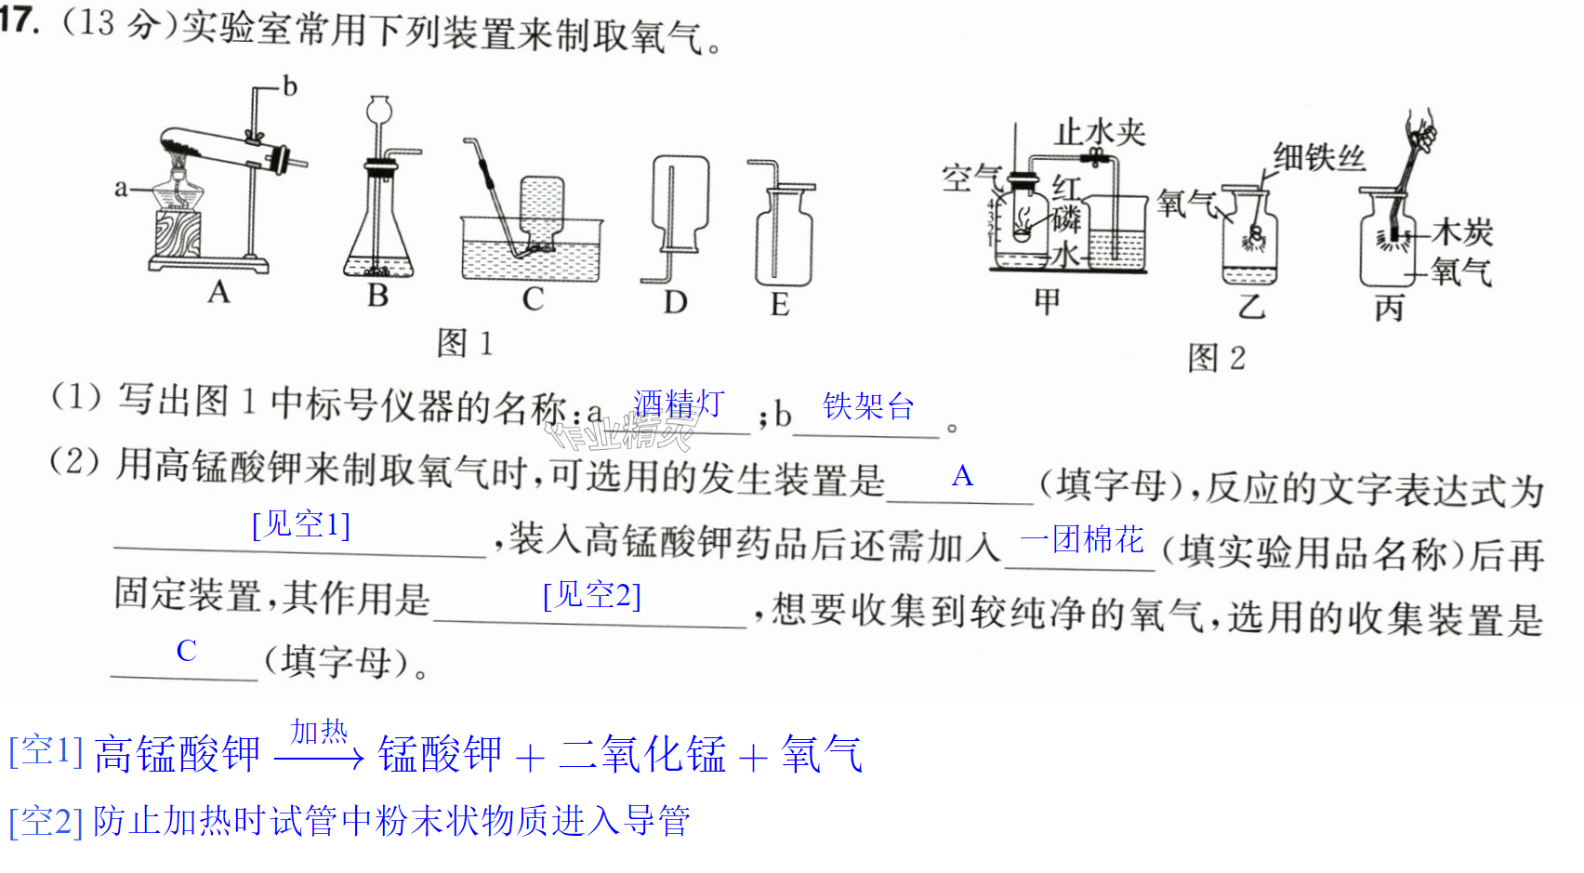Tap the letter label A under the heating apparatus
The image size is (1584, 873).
click(x=218, y=292)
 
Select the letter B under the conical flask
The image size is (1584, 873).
click(x=378, y=295)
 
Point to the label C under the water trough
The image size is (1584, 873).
click(x=533, y=299)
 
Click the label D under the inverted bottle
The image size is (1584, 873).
click(x=675, y=303)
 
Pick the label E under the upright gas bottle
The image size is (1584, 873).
click(x=779, y=305)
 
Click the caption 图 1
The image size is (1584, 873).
click(x=465, y=344)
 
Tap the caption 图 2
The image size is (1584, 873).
click(x=1216, y=358)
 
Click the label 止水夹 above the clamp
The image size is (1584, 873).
click(x=1100, y=133)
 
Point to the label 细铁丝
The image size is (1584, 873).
click(x=1319, y=157)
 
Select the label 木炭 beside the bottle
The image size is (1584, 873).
click(x=1461, y=232)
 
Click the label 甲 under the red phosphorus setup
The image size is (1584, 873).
click(x=1048, y=301)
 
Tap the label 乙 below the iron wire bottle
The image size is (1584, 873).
click(x=1250, y=306)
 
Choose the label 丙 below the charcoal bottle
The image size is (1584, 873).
click(x=1389, y=308)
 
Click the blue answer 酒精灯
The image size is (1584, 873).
click(x=679, y=403)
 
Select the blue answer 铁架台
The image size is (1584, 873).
click(x=868, y=406)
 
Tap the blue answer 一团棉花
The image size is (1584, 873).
click(x=1082, y=540)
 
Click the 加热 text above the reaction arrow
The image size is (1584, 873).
click(x=319, y=733)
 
